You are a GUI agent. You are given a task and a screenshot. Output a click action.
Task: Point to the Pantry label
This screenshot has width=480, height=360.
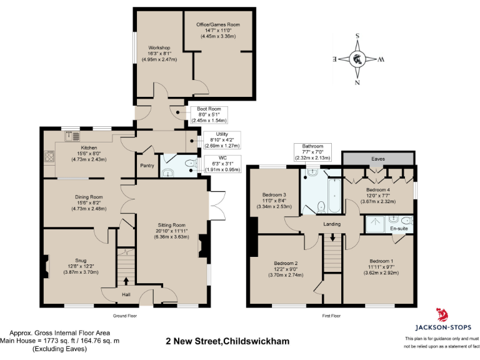click(x=147, y=166)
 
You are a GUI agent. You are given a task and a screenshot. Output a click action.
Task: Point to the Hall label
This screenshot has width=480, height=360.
click(x=126, y=294)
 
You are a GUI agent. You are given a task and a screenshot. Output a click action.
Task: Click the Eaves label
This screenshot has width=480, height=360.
click(x=377, y=159)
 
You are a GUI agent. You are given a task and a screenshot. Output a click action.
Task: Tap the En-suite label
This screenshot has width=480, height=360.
click(x=399, y=229)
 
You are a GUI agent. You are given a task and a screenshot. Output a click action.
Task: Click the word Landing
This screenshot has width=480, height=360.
click(x=331, y=223)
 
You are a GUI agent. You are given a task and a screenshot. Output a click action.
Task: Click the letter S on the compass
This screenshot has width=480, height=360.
click(x=357, y=36)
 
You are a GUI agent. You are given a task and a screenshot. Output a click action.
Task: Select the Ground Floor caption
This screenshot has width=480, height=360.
click(x=124, y=316)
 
